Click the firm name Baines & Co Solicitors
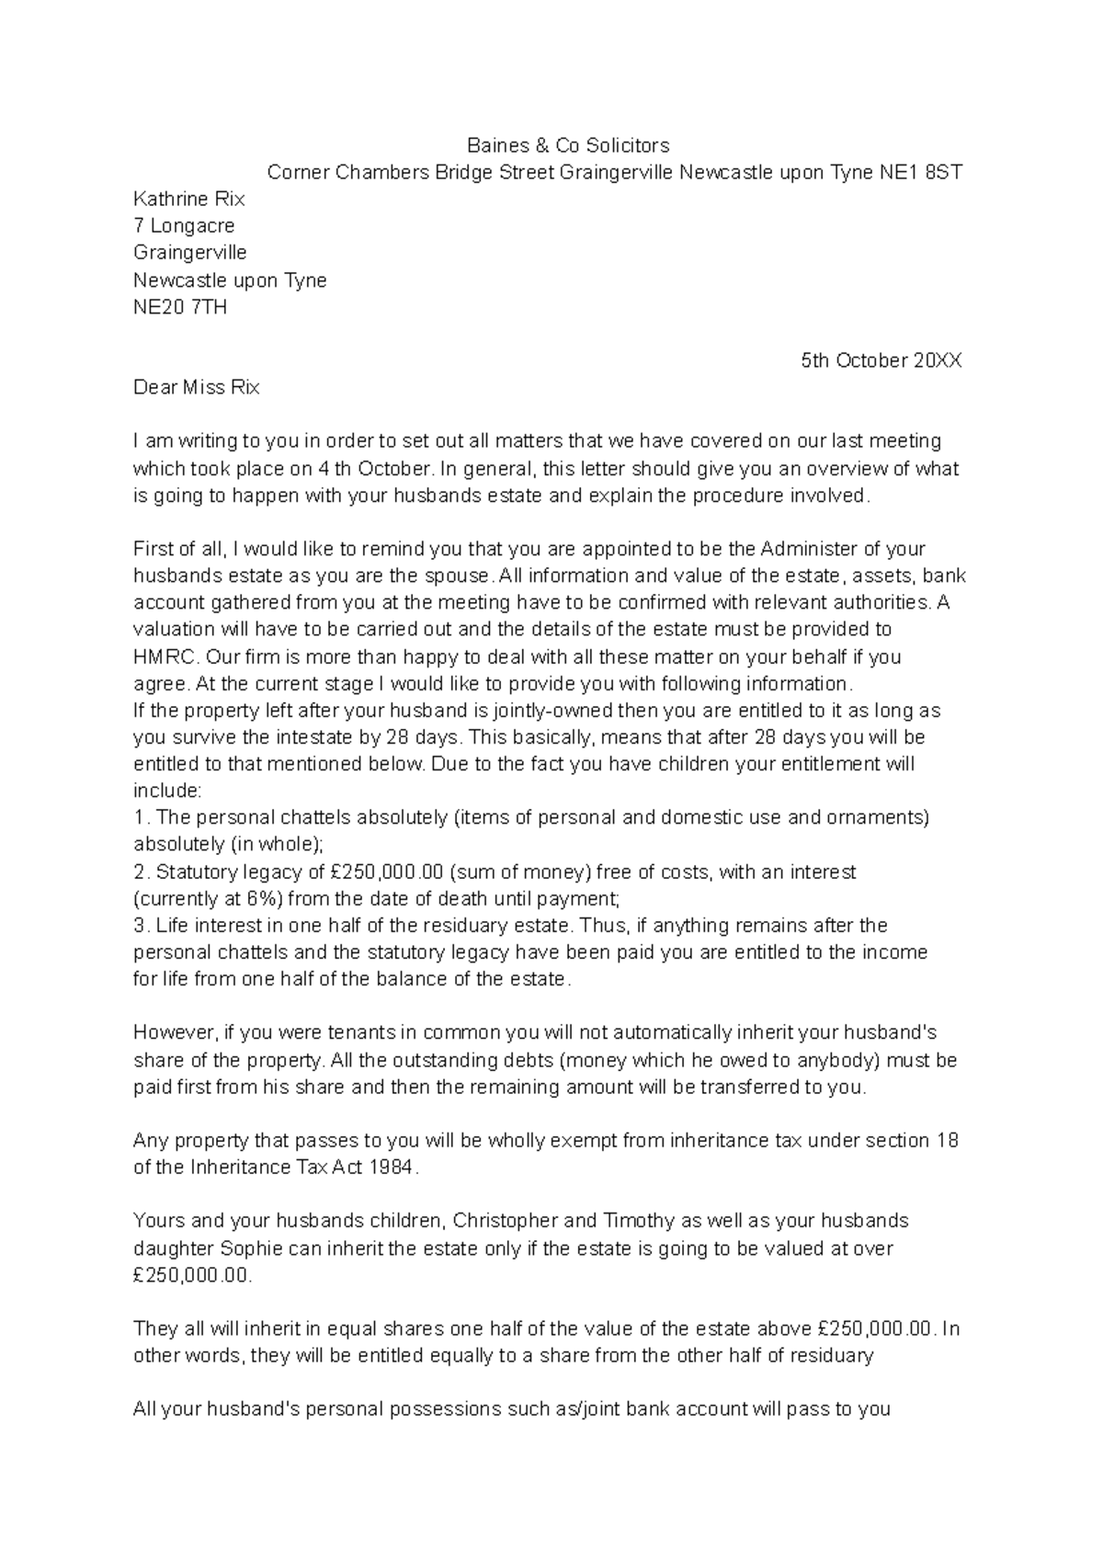pos(568,145)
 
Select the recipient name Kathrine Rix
pos(188,199)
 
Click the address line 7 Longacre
pos(184,225)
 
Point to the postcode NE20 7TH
pos(179,307)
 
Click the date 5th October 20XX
pos(881,360)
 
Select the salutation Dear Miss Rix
pos(196,388)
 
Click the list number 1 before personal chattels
pos(139,817)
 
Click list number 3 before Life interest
pos(139,926)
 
